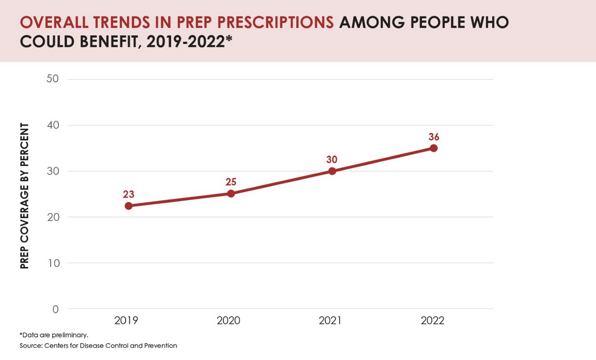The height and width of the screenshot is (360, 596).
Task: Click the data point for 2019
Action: click(x=129, y=206)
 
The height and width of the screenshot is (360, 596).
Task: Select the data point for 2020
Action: click(x=231, y=194)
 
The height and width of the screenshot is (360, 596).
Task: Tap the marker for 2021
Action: click(x=332, y=171)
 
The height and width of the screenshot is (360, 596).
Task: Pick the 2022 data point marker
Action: click(x=433, y=148)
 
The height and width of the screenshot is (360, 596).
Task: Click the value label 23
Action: click(x=129, y=194)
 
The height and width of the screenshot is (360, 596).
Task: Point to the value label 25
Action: click(x=231, y=182)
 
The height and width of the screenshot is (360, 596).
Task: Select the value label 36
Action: click(x=433, y=137)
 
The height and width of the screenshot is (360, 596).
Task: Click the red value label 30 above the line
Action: click(x=332, y=159)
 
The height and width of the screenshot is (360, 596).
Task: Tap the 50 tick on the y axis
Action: click(x=53, y=79)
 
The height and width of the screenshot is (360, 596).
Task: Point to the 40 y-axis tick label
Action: click(x=53, y=125)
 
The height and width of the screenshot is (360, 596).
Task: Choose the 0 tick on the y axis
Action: click(x=56, y=309)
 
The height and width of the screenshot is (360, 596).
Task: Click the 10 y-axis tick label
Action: click(x=54, y=263)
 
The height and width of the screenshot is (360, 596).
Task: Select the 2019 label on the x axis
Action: click(x=126, y=321)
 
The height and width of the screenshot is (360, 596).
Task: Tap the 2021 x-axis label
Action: click(x=330, y=321)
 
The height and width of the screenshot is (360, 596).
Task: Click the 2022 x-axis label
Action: click(x=433, y=321)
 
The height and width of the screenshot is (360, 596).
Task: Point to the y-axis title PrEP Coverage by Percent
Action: click(x=24, y=196)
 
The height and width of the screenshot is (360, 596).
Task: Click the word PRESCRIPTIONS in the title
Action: click(x=275, y=22)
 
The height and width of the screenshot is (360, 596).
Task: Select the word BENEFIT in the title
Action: click(x=110, y=42)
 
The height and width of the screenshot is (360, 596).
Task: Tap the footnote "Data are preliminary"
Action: click(x=54, y=335)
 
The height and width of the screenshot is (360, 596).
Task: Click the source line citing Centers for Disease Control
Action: click(x=99, y=346)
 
